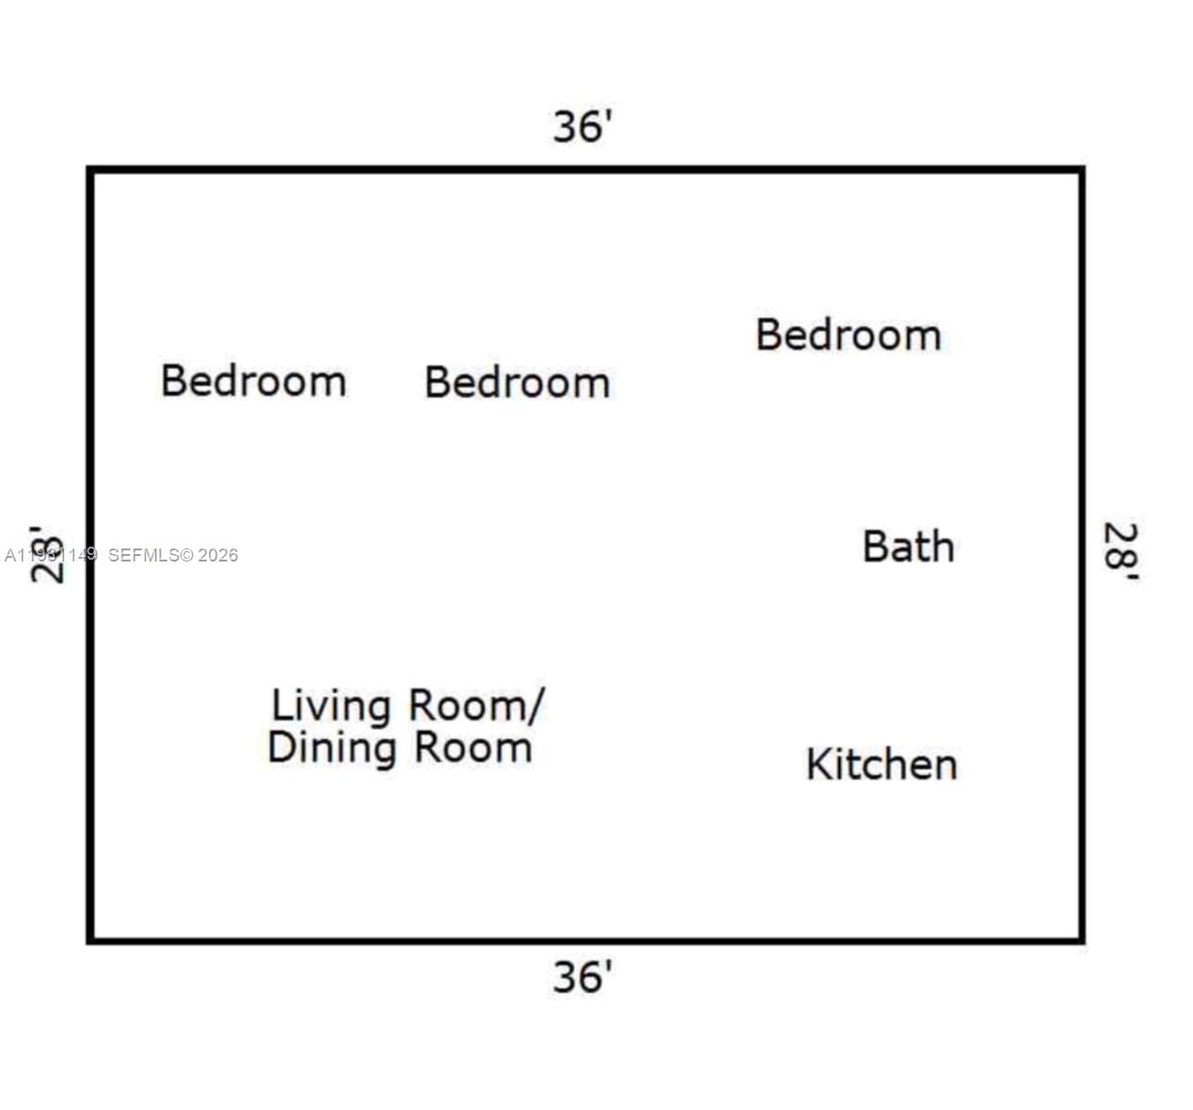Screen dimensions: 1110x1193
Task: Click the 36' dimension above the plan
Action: click(583, 126)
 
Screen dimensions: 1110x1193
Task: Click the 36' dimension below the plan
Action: click(583, 977)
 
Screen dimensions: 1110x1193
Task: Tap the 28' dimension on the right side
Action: click(1121, 552)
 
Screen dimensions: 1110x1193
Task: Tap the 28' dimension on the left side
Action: click(48, 554)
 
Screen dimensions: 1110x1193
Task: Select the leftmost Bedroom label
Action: click(254, 381)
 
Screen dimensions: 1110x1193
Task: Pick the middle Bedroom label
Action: click(518, 383)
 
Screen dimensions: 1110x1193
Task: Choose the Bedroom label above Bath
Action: click(848, 336)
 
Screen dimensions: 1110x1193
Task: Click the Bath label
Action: click(908, 547)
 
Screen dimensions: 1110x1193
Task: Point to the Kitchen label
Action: click(881, 765)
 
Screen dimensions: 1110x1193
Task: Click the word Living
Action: click(331, 707)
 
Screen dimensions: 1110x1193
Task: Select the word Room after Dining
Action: click(473, 747)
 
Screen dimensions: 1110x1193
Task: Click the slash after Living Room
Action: click(536, 707)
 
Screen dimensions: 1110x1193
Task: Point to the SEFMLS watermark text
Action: click(144, 555)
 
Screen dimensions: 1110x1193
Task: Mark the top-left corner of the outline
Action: click(91, 171)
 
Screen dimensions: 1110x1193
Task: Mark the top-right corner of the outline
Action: click(1082, 171)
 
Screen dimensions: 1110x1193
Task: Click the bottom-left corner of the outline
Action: click(91, 940)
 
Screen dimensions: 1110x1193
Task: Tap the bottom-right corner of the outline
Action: click(1082, 940)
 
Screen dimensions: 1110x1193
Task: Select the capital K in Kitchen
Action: click(818, 765)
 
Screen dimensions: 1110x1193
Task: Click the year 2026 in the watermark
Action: click(217, 555)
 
